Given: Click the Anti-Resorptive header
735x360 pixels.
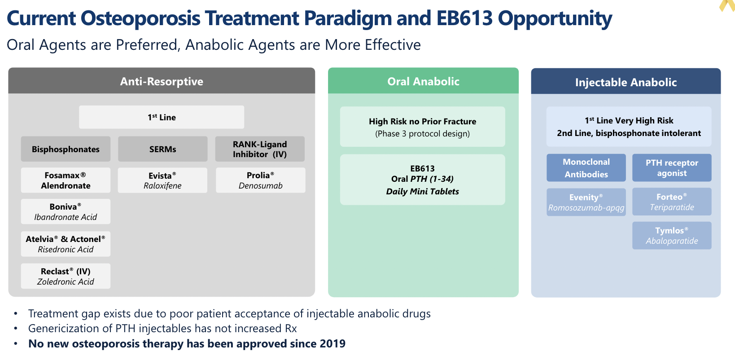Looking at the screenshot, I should pos(162,81).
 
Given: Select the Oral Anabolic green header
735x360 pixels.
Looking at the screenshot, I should pos(423,81).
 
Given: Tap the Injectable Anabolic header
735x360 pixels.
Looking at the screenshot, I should pos(626,82).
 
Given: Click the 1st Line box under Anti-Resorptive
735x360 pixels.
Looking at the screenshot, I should pos(162,117).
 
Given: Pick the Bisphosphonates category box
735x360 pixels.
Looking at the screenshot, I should pos(66,149).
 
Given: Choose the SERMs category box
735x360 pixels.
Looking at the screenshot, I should pos(162,149).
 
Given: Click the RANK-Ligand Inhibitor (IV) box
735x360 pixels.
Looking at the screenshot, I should pos(260,149).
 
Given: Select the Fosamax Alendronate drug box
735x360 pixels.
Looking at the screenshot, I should pos(66,180).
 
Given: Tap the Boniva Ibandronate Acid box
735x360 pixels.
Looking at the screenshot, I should pos(66,212).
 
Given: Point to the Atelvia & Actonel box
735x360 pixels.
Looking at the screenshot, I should pos(66,244).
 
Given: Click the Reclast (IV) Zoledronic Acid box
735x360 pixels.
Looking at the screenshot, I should pos(66,277).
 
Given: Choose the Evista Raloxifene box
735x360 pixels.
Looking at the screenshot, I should pos(162,180).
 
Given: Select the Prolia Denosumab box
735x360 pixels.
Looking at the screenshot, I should pos(260,180).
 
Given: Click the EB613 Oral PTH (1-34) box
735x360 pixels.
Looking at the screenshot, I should pos(422,180).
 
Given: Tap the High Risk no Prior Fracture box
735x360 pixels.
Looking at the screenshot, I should pos(422,127).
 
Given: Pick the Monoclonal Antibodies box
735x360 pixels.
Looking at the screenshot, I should pos(586,168).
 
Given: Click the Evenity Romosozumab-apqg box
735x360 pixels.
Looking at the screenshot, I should pos(586,202).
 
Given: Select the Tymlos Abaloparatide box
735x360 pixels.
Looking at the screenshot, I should pos(672,236).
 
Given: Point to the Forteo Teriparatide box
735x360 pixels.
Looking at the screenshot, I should pos(672,202).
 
